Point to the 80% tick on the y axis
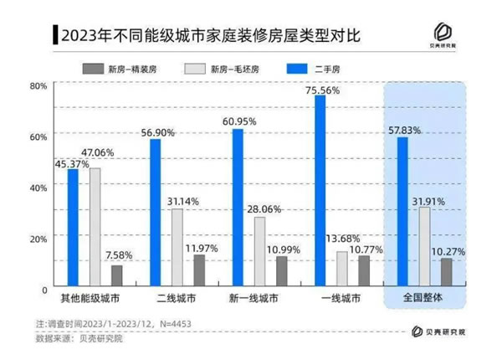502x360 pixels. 38,85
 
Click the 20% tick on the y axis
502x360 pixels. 38,239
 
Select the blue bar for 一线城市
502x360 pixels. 320,191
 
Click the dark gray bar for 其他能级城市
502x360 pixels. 116,276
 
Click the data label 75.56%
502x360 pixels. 322,90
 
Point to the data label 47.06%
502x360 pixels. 97,153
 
